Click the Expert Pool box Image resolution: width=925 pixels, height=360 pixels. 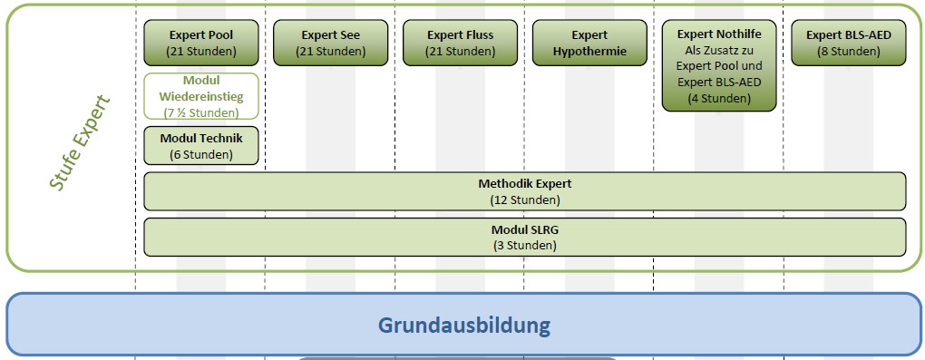coord(200,43)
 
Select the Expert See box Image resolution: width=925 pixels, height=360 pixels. coord(330,43)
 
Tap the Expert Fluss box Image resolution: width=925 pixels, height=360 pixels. coord(460,43)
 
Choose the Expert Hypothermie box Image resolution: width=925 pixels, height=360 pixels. coord(589,43)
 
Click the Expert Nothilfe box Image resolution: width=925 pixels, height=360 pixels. coord(719,65)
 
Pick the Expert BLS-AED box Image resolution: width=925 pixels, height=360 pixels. coord(848,43)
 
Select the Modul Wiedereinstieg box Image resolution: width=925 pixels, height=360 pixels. coord(200,96)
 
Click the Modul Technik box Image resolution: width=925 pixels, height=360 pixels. coord(200,145)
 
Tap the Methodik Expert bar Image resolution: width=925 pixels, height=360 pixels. coord(524,191)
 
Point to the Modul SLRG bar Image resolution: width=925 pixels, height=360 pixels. coord(524,237)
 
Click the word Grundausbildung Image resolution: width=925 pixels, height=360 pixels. coord(463,324)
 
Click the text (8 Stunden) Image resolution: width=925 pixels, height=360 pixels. coord(848,52)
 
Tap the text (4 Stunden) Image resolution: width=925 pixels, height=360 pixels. coord(719,98)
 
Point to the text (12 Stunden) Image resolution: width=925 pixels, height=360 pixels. coord(524,199)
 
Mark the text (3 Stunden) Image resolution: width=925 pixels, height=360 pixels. coord(524,245)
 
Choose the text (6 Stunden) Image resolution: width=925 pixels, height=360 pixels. coord(200,154)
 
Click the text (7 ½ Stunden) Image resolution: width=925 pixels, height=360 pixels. coord(200,112)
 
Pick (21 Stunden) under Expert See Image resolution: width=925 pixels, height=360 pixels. coord(330,52)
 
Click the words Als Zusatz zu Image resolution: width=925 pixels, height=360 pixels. coord(719,51)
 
